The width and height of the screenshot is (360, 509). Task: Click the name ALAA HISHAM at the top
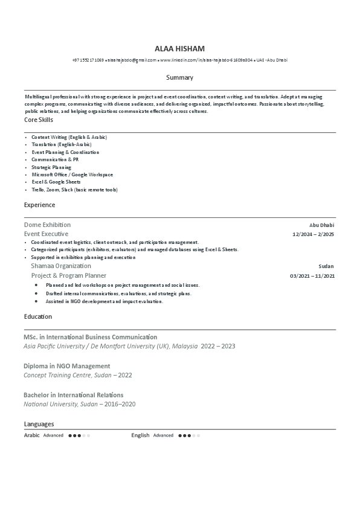coord(179,48)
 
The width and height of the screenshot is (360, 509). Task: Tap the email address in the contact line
coord(132,60)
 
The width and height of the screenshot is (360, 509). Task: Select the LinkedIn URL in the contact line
coord(206,60)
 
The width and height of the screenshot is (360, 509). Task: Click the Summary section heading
coord(179,77)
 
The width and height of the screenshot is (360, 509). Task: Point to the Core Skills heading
coord(39,120)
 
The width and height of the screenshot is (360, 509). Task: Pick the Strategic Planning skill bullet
coord(51,167)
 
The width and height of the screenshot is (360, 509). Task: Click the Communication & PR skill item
coord(55,159)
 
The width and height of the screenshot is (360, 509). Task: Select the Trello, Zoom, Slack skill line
coord(74,190)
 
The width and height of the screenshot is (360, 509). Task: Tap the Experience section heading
coord(39,205)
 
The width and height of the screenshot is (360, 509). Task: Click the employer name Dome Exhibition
coord(47,225)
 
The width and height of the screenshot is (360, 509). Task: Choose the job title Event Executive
coord(46,234)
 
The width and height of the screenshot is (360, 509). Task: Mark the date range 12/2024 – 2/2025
coord(313,234)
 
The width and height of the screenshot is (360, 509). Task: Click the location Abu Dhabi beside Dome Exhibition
coord(321,225)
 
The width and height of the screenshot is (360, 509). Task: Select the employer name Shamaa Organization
coord(61,266)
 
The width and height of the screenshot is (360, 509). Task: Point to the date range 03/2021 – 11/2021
coord(312,276)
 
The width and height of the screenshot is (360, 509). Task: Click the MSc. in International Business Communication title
coord(90,337)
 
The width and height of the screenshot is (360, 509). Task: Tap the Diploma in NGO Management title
coord(66,366)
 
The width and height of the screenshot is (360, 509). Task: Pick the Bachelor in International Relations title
coord(73,395)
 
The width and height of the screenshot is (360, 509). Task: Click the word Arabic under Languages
coord(31,435)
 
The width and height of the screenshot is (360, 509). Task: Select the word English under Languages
coord(140,435)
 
